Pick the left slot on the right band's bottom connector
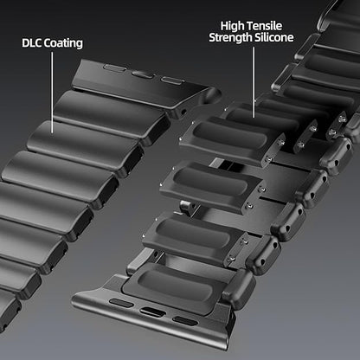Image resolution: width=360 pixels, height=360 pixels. (122, 305)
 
